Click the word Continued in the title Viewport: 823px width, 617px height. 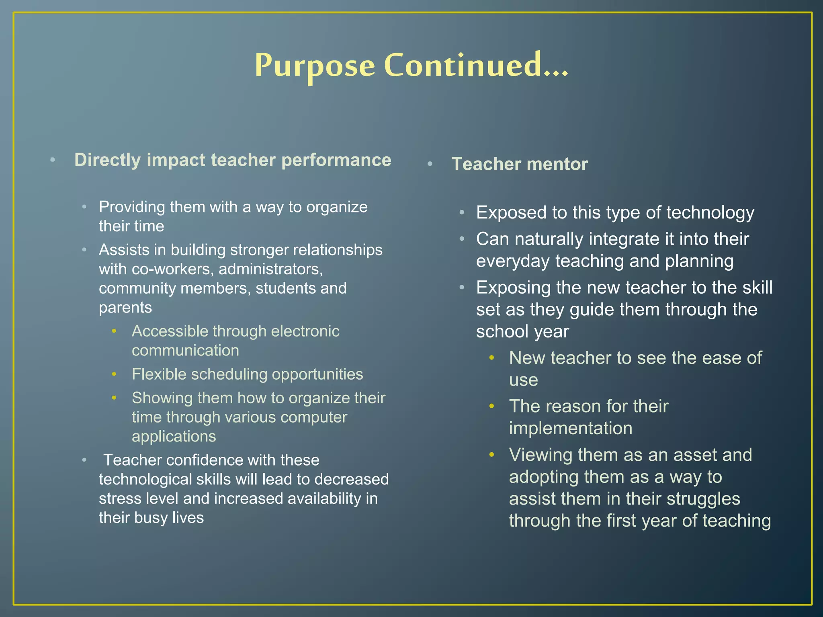point(462,65)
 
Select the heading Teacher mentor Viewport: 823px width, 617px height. point(519,164)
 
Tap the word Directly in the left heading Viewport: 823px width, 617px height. point(107,160)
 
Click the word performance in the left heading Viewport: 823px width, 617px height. point(336,160)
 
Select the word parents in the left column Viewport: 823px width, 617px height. point(125,308)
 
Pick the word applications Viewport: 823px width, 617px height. point(174,437)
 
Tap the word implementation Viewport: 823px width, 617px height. point(570,428)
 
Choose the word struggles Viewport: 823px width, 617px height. point(703,499)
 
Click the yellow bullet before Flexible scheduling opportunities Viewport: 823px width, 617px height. point(114,374)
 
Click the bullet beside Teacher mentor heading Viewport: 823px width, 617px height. point(430,164)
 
